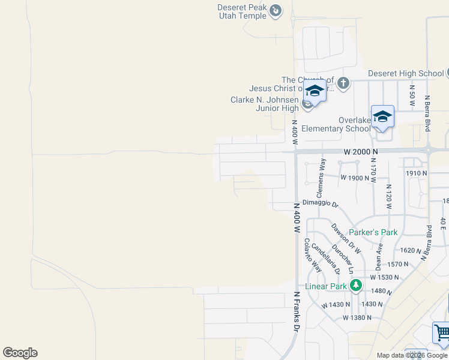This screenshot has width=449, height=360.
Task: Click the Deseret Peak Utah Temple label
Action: click(242, 11)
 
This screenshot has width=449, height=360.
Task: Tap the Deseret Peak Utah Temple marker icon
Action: click(276, 10)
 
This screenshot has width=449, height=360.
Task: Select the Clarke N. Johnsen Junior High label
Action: click(265, 104)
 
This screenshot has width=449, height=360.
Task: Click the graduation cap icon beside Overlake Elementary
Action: click(382, 116)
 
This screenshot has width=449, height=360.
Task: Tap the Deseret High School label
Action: click(406, 73)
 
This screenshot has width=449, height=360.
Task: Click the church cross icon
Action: click(343, 83)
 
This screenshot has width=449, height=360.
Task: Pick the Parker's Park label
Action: click(373, 232)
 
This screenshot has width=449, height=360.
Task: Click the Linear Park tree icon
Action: click(356, 285)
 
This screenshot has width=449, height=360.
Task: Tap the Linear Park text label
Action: click(326, 286)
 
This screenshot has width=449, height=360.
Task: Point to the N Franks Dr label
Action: click(296, 311)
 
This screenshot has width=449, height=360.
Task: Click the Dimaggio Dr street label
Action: click(321, 203)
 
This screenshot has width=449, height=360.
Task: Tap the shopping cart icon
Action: click(441, 332)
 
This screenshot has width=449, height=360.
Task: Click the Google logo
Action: click(20, 353)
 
